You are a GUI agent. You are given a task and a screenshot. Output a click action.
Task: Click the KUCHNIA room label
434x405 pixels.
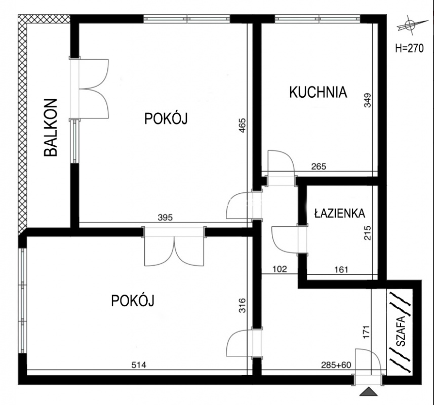(318, 92)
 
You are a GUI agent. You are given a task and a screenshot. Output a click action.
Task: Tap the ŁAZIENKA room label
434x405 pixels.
(340, 213)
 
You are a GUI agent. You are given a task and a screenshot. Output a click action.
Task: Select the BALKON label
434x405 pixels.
(51, 128)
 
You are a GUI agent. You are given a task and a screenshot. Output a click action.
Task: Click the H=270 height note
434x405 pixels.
(409, 49)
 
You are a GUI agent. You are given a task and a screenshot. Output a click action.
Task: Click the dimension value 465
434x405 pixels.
(242, 126)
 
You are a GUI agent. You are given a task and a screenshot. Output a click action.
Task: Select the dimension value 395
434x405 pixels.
(165, 218)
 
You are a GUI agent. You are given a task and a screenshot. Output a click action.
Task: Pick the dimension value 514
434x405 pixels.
(139, 365)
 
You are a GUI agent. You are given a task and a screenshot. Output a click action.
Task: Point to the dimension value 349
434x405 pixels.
(368, 100)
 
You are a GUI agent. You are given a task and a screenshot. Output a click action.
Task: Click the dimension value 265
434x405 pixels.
(319, 167)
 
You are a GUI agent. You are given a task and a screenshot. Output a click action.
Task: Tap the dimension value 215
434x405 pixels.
(368, 233)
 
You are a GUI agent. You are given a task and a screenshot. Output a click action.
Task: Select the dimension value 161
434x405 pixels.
(341, 269)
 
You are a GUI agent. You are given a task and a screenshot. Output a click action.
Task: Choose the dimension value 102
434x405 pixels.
(280, 269)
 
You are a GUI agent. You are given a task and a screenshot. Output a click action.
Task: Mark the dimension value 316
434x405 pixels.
(242, 305)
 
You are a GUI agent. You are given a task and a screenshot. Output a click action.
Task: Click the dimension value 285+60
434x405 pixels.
(336, 365)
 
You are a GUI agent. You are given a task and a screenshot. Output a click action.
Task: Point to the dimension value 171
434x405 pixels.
(366, 332)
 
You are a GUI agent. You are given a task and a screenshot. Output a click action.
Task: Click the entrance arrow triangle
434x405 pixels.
(368, 392)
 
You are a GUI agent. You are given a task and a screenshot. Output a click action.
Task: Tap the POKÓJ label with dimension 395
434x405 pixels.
(166, 119)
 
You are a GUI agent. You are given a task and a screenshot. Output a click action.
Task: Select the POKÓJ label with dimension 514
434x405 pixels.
(133, 300)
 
